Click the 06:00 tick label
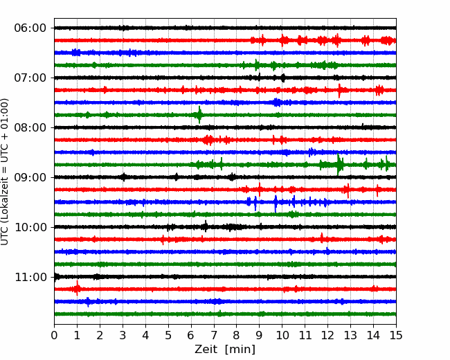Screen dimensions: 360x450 (x=30, y=28)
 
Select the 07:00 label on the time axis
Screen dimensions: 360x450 (x=30, y=78)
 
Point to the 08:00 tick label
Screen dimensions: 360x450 (x=30, y=128)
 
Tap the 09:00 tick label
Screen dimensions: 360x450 (x=30, y=178)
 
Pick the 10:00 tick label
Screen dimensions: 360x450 (x=30, y=228)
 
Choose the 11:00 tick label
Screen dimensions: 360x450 (x=30, y=278)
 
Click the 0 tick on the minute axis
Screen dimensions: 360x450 (x=55, y=336)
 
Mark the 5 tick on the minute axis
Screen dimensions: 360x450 (x=168, y=336)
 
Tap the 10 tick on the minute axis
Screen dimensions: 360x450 (x=282, y=336)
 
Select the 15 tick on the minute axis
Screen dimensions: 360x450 (x=395, y=336)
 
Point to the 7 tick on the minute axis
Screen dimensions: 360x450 (x=214, y=336)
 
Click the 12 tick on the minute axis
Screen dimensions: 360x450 (x=327, y=336)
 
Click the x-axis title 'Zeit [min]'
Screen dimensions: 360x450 (x=225, y=350)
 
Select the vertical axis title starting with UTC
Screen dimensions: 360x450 (x=6, y=171)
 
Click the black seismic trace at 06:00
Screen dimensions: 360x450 (x=208, y=28)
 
